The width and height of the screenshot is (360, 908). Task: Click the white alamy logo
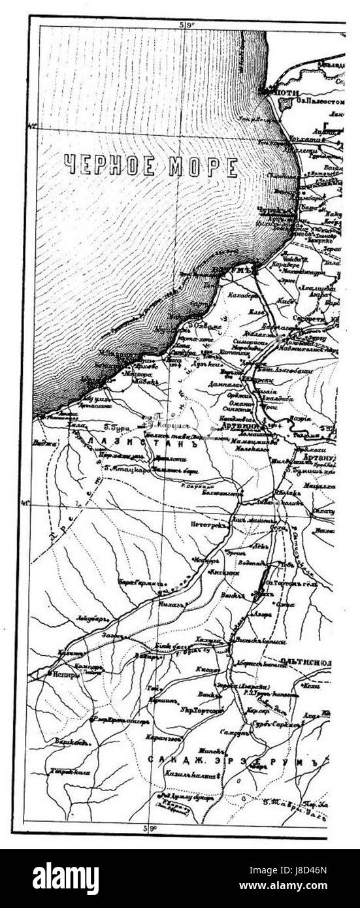point(65,879)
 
